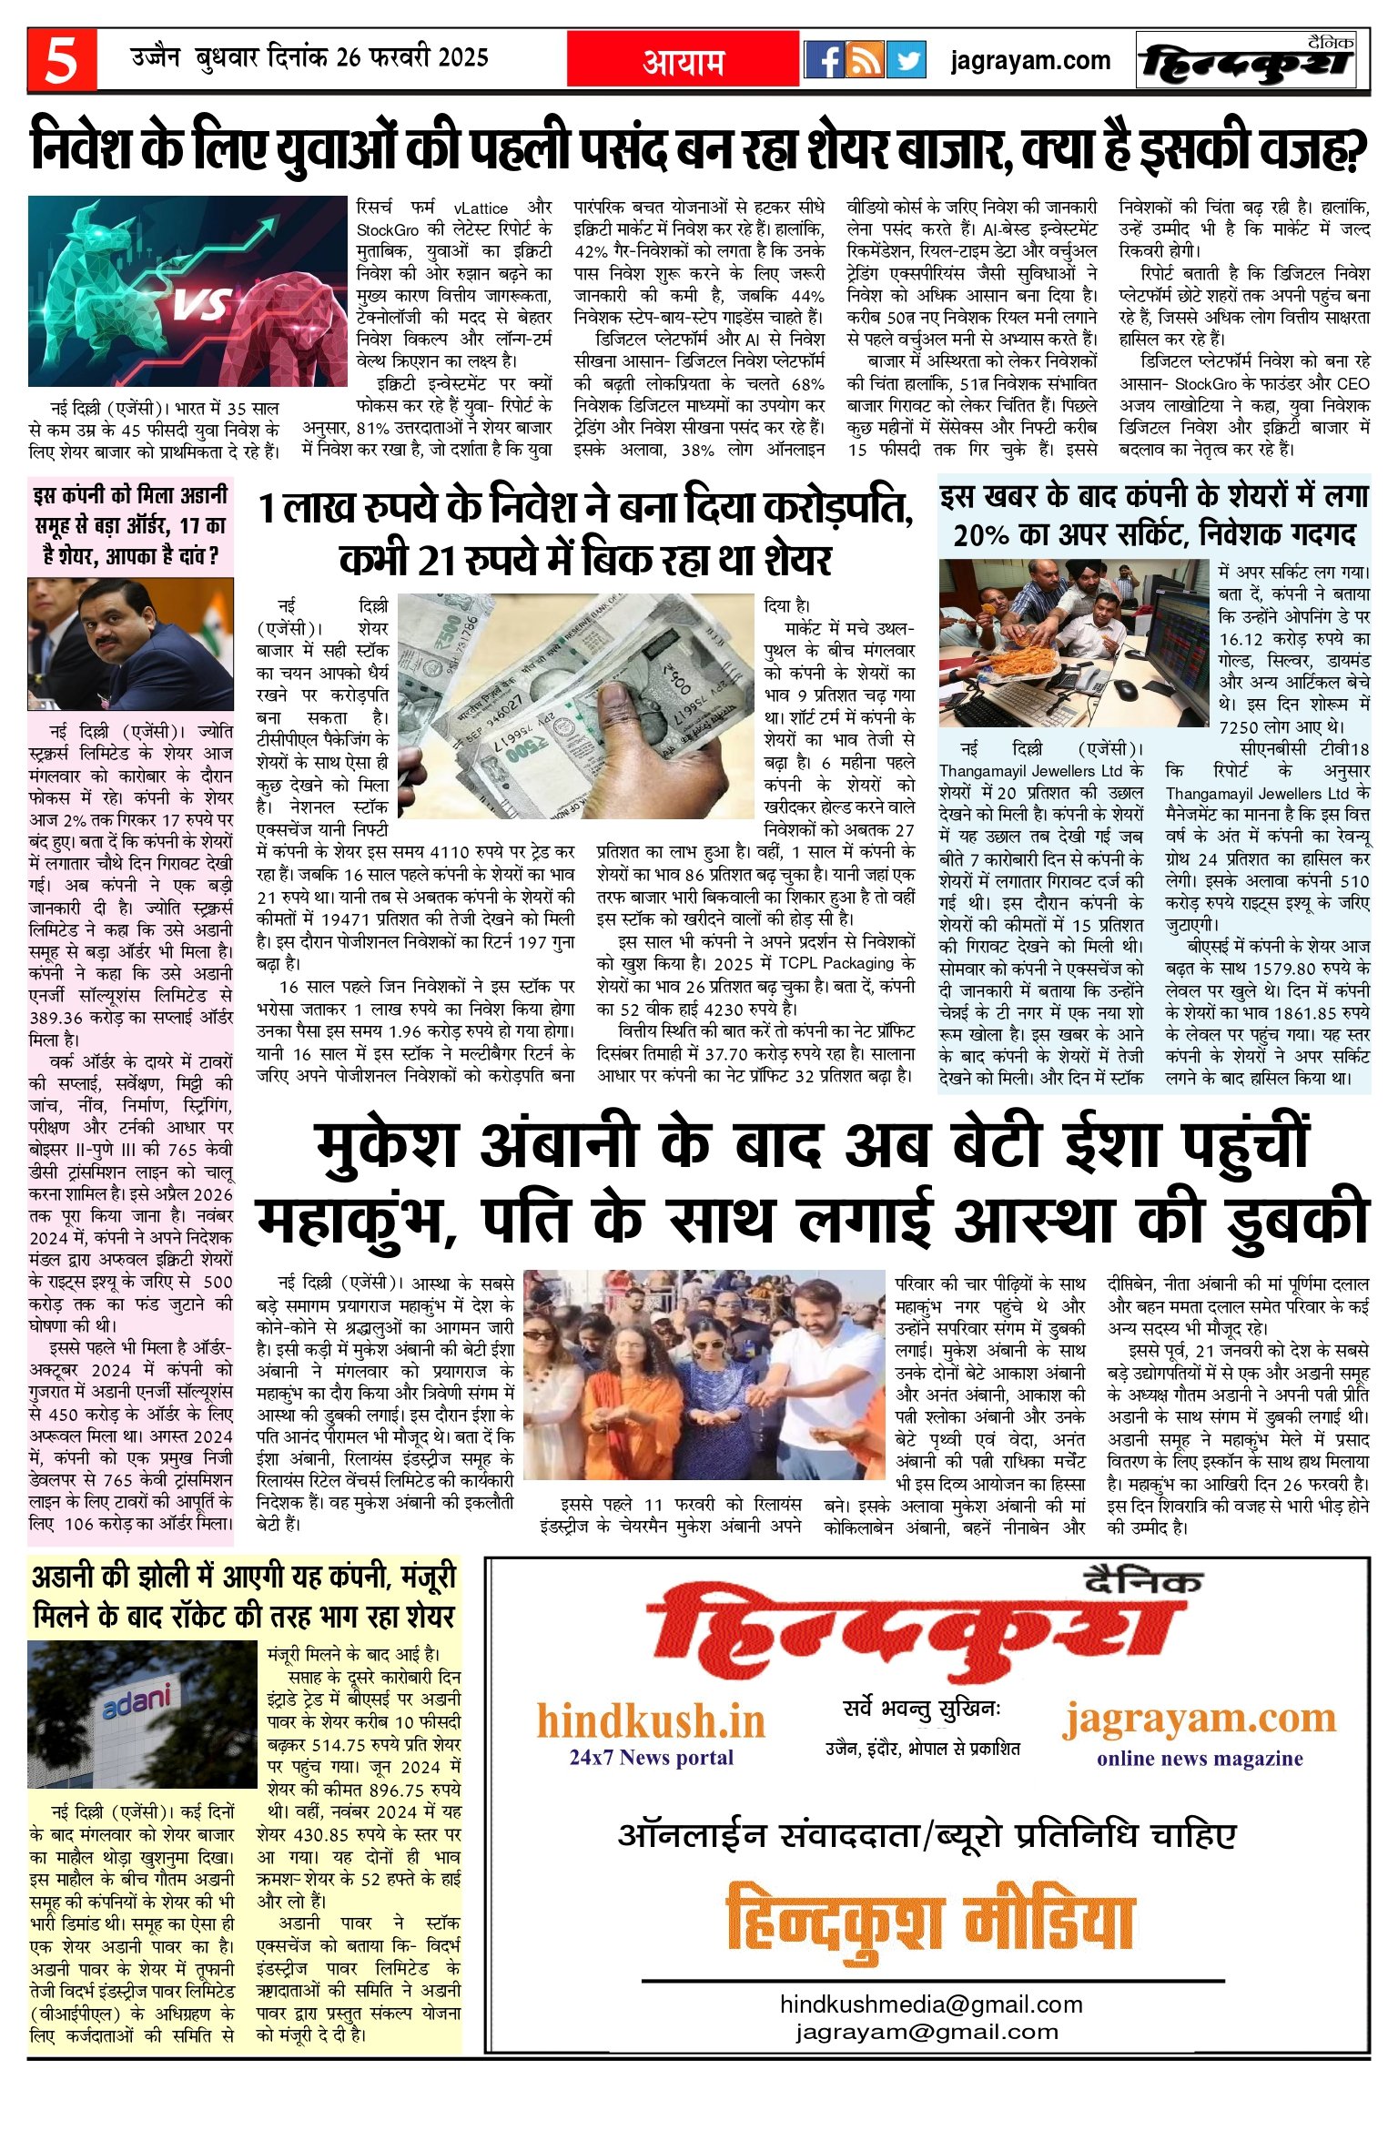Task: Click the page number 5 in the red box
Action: [61, 61]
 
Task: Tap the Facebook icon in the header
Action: [825, 60]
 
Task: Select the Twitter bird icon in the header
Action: [907, 60]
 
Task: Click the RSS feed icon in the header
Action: [866, 60]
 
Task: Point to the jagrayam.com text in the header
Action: [1030, 61]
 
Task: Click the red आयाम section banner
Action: [684, 61]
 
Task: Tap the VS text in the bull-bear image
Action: [202, 305]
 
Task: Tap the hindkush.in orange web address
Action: [651, 1721]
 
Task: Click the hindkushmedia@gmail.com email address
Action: [931, 2004]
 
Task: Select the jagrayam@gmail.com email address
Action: [927, 2031]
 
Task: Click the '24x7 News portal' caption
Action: [651, 1757]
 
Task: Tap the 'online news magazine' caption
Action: [1200, 1758]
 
